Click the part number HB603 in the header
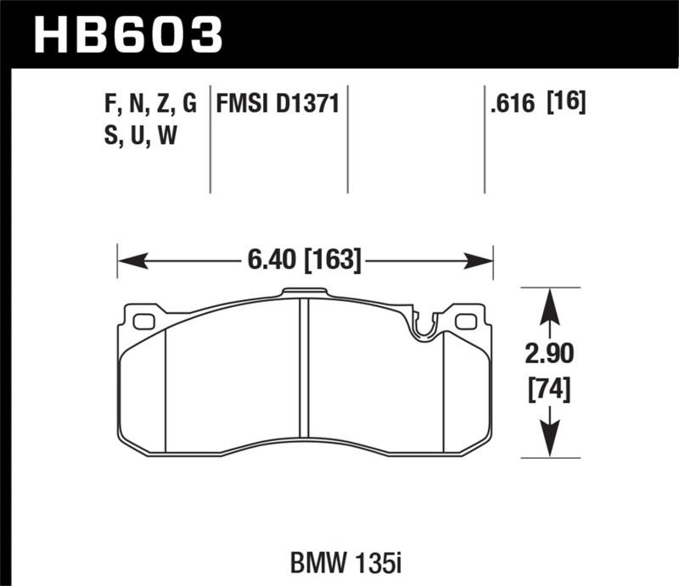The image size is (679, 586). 127,36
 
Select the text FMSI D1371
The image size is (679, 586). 278,104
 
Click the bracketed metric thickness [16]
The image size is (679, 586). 568,104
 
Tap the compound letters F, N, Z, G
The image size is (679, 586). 149,104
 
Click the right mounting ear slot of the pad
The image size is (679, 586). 465,321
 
